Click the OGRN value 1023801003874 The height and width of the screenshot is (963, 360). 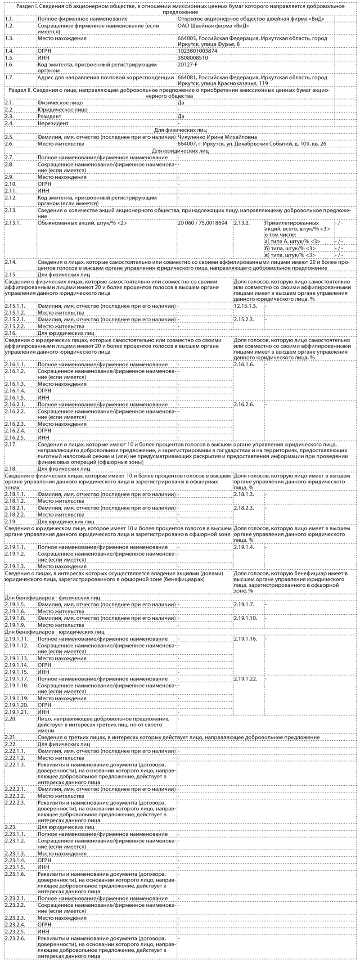tap(198, 51)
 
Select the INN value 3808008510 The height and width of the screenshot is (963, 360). tap(193, 58)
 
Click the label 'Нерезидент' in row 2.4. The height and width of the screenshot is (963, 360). tap(53, 123)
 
